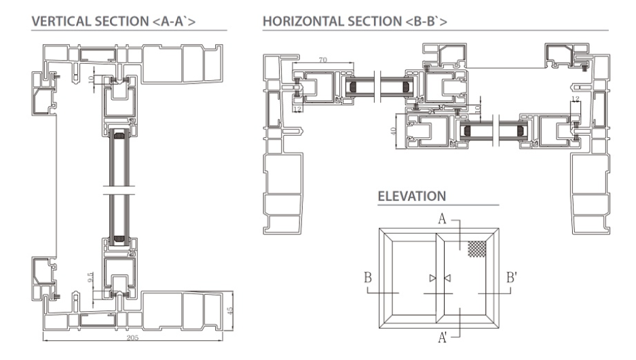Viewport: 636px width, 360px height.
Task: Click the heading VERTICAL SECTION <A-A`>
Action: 113,21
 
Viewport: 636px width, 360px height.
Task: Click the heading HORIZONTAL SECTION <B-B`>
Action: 355,21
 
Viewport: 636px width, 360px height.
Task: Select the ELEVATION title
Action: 412,196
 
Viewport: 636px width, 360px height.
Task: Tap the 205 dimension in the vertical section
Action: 132,338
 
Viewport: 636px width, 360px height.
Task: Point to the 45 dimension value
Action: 230,311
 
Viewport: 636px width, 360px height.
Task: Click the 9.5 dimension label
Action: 90,277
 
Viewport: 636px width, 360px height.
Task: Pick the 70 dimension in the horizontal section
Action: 323,60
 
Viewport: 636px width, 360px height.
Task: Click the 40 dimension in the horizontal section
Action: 393,131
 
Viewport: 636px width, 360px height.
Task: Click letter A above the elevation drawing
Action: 442,219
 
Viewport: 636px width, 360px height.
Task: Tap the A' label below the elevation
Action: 443,338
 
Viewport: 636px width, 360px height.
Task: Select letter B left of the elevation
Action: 368,278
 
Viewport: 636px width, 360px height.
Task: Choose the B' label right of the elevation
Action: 512,278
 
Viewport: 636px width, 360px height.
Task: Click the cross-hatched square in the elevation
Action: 477,249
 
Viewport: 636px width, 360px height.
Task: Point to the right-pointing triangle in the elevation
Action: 433,278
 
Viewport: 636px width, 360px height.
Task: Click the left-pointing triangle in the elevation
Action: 447,278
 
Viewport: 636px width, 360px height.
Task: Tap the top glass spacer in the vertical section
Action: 119,136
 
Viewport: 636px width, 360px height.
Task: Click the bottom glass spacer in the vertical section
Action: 119,239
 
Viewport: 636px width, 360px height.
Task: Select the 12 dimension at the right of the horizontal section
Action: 575,99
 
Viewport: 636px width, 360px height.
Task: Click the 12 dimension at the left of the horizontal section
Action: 298,109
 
